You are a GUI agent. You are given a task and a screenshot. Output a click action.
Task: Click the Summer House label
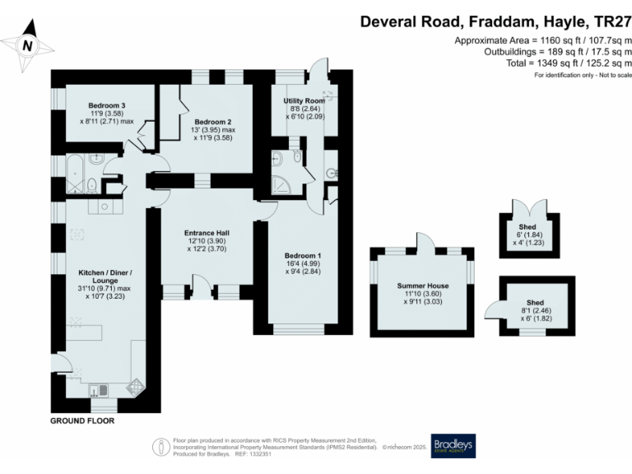[421, 285]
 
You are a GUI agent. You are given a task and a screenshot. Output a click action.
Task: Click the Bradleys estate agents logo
[453, 445]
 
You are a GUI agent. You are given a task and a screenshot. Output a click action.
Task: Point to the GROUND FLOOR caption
[81, 421]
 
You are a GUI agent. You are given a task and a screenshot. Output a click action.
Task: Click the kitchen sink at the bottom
[98, 390]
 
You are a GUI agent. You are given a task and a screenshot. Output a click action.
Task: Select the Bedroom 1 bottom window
[303, 328]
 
